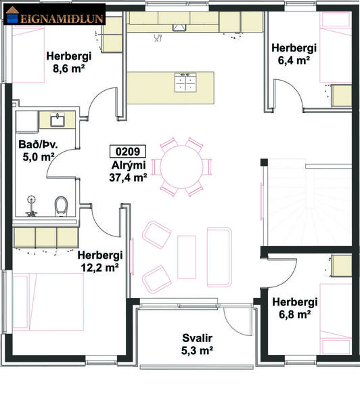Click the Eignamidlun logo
point(55,17)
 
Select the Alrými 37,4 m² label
point(128,172)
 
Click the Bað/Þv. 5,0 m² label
point(37,151)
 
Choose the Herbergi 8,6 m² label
point(68,62)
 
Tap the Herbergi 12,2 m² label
point(99,261)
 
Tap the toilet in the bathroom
point(62,206)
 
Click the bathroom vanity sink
point(56,121)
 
